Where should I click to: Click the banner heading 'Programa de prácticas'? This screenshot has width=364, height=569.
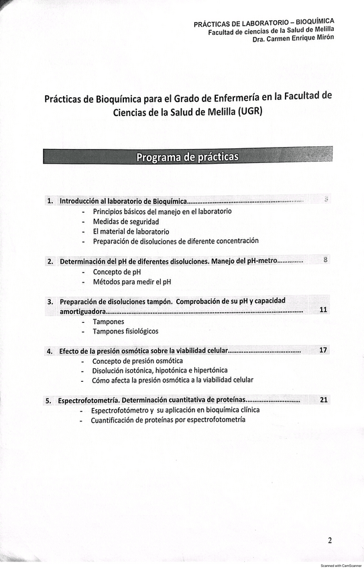(x=187, y=157)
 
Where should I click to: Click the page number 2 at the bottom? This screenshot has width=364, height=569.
(x=330, y=540)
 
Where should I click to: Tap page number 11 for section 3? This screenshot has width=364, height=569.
(x=323, y=310)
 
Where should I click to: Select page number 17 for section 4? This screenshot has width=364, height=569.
(x=323, y=350)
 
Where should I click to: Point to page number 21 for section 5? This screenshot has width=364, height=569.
(x=324, y=400)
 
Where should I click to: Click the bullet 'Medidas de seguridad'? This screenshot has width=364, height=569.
(x=126, y=221)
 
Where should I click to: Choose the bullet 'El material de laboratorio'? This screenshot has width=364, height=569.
(x=131, y=231)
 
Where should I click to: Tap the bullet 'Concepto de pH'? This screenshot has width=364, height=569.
(x=117, y=272)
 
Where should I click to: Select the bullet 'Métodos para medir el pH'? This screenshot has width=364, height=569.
(x=132, y=282)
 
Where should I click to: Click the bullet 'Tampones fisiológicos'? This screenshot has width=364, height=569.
(x=125, y=331)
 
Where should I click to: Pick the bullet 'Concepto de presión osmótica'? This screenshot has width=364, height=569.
(x=137, y=361)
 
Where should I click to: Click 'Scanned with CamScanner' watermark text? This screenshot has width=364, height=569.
(x=341, y=566)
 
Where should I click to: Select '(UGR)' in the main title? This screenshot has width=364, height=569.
(x=250, y=111)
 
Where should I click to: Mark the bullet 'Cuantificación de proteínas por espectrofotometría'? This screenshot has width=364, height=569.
(x=168, y=420)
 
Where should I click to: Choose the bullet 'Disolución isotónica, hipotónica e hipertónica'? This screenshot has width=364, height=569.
(x=160, y=370)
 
